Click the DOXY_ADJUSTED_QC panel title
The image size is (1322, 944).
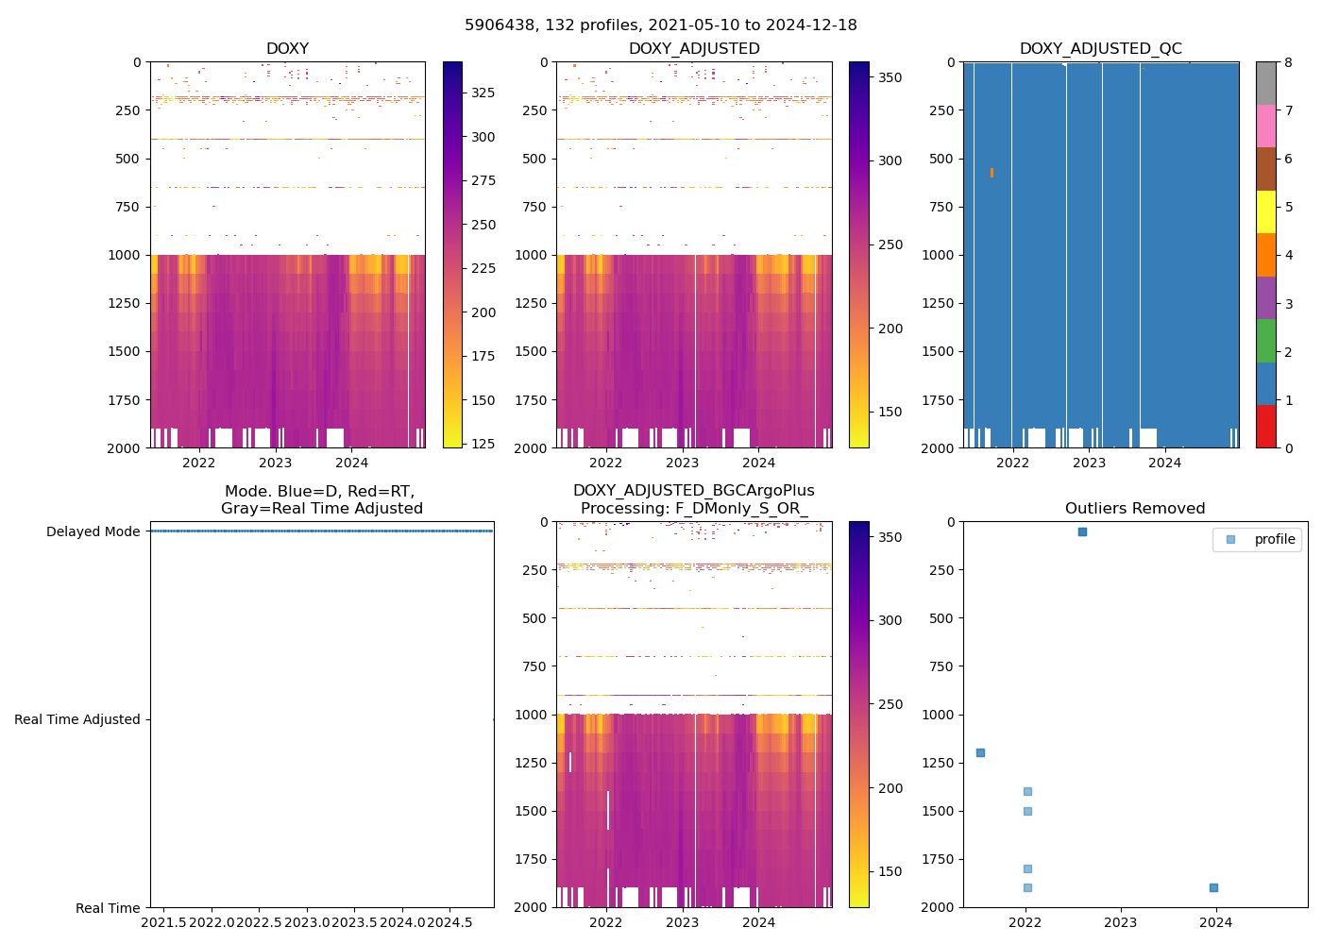[x=1100, y=49]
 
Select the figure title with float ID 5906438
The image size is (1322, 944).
[x=660, y=25]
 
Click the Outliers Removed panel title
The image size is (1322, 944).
[x=1134, y=509]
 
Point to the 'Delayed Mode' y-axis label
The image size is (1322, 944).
[x=93, y=531]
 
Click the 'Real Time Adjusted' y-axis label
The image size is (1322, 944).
[x=76, y=719]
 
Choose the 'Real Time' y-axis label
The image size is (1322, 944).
[x=108, y=908]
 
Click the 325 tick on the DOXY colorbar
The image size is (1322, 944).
[x=483, y=93]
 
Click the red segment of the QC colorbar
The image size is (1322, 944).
[x=1265, y=426]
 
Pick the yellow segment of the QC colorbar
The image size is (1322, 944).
[x=1265, y=211]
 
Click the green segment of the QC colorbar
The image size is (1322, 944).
[x=1265, y=340]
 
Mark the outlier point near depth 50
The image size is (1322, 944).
[x=1082, y=532]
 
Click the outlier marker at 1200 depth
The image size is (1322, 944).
[x=980, y=752]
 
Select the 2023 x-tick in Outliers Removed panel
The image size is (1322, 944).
[x=1121, y=921]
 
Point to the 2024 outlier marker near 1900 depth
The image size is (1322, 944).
[x=1213, y=887]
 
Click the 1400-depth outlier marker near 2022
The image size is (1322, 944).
[x=1027, y=791]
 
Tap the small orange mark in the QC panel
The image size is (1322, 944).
[x=991, y=173]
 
